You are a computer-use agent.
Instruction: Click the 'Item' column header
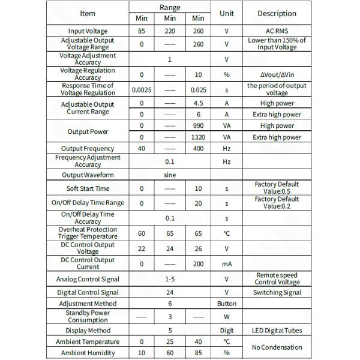[88, 13]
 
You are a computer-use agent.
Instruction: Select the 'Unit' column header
[227, 13]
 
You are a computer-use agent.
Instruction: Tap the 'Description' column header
[277, 13]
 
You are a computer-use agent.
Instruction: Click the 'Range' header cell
[170, 7]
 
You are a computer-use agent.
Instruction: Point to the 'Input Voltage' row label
[88, 31]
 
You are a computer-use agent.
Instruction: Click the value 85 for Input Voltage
[142, 31]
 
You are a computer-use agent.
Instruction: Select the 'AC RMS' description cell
[277, 31]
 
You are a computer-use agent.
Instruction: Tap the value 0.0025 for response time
[142, 89]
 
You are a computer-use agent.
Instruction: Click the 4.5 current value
[199, 103]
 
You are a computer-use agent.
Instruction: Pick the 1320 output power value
[199, 137]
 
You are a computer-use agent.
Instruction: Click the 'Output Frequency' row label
[88, 148]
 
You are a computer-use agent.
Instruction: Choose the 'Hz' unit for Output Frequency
[227, 148]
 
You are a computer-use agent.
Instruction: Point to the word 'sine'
[170, 175]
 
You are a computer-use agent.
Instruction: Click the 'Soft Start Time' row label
[88, 189]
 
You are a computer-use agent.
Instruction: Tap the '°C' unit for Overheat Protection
[227, 233]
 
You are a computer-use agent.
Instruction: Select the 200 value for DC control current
[199, 263]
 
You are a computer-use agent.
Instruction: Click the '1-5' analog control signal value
[170, 279]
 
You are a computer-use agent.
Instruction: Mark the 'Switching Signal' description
[277, 293]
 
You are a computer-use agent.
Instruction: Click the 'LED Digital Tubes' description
[277, 331]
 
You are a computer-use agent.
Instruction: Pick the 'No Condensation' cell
[277, 347]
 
